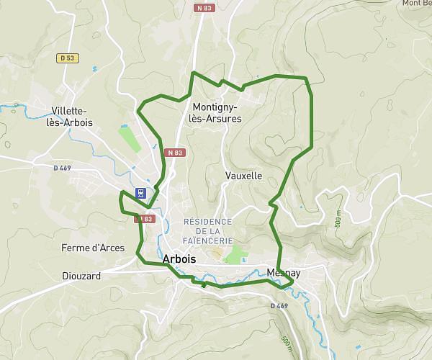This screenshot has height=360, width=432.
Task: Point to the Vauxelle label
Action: [243, 176]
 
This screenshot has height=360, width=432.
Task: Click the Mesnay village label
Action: [283, 273]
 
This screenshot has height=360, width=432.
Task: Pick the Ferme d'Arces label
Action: [93, 248]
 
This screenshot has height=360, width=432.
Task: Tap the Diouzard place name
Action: [81, 276]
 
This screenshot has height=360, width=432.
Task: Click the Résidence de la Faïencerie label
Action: [208, 230]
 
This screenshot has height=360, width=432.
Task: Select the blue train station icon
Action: [140, 193]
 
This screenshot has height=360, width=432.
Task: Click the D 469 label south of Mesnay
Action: [279, 306]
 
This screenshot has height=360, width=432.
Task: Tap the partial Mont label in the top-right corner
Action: [416, 4]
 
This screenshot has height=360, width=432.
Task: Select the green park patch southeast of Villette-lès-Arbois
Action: [130, 138]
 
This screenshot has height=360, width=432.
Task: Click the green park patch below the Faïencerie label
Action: [234, 254]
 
